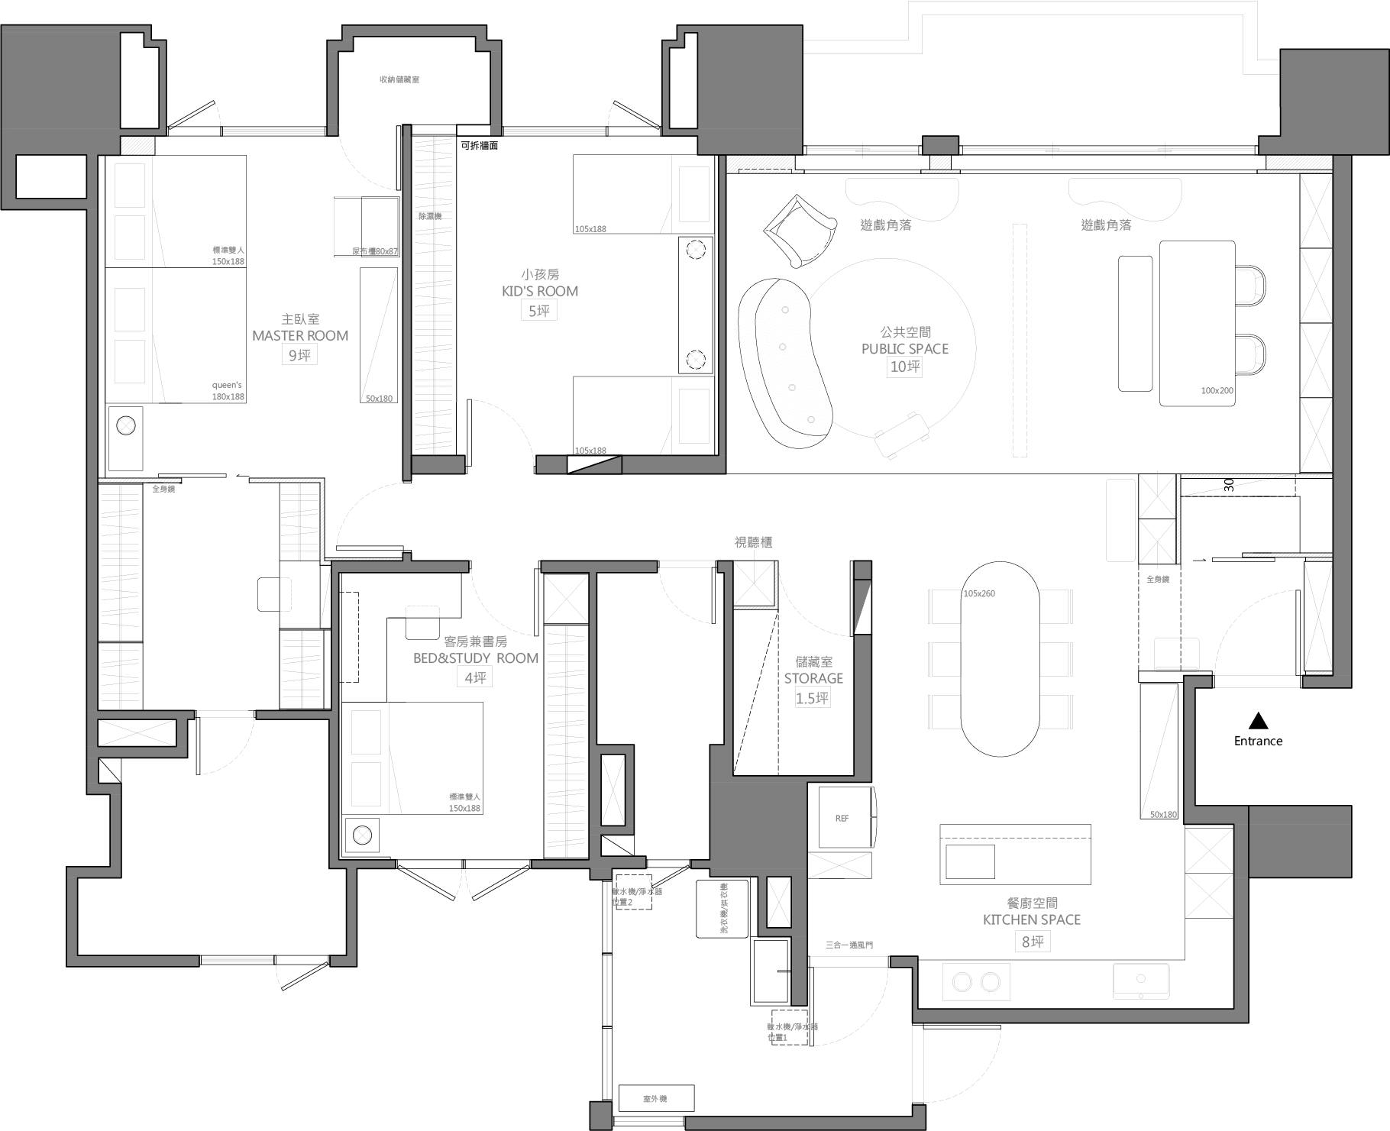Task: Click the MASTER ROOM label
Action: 300,336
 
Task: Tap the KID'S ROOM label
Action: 540,291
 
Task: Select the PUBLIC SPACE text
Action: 905,349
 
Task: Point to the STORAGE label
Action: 813,678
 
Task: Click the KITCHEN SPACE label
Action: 1032,919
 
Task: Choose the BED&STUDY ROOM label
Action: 476,658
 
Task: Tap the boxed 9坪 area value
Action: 299,356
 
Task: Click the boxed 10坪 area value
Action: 905,367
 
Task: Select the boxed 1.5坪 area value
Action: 813,698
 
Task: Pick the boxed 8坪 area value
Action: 1032,942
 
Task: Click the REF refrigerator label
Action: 842,819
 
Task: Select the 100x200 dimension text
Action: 1217,391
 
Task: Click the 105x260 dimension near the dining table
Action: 979,593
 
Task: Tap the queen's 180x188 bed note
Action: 228,391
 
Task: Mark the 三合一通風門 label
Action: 849,945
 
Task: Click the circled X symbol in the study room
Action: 362,836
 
